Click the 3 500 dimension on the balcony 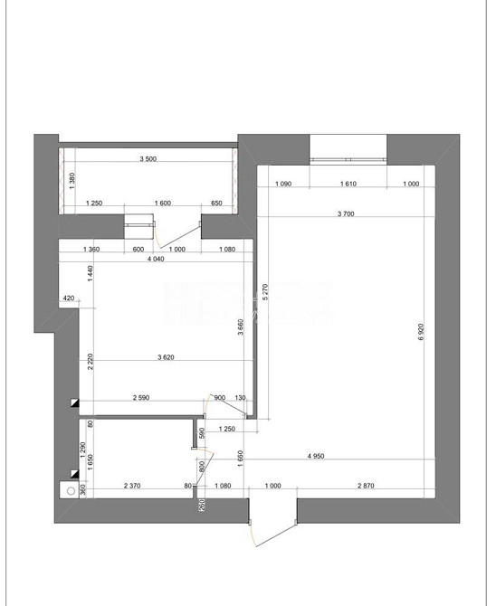click(x=148, y=159)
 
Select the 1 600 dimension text click(x=163, y=204)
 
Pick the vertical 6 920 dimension click(x=421, y=333)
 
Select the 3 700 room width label click(x=345, y=214)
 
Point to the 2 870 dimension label click(x=366, y=487)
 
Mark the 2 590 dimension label click(x=141, y=397)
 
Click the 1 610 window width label click(x=348, y=185)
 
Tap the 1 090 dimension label click(x=282, y=185)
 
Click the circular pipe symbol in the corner click(x=68, y=491)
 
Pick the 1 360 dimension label click(x=91, y=249)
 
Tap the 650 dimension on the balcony click(x=216, y=204)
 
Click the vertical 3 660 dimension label click(x=240, y=327)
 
